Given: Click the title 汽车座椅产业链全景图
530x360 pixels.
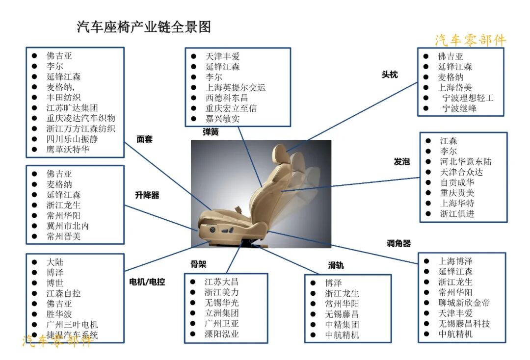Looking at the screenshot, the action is (x=144, y=27).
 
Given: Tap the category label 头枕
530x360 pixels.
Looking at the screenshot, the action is (x=390, y=75).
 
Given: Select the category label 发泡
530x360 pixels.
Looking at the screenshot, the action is (x=401, y=161).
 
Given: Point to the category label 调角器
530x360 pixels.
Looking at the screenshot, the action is (x=398, y=243).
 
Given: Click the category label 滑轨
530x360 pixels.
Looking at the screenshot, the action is (x=336, y=265).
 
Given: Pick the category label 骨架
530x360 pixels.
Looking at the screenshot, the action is (x=198, y=264).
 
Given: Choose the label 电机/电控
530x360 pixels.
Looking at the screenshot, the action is (x=147, y=282).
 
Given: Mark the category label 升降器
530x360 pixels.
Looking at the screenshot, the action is (x=147, y=195).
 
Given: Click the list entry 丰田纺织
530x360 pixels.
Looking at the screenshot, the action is (x=63, y=97).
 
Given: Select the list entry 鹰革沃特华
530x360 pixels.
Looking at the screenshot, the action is (x=68, y=149).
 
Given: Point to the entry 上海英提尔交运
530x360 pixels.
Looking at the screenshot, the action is (x=235, y=87).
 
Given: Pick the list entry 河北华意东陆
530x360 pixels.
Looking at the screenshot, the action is (x=465, y=161).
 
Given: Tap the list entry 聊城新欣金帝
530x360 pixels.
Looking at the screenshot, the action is (x=464, y=303).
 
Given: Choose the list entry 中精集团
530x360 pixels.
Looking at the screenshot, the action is (x=342, y=324).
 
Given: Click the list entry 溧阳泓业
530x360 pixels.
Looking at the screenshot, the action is (x=221, y=334).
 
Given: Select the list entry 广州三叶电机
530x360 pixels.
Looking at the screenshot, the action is (x=72, y=325).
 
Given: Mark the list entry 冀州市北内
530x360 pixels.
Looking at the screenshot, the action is (x=67, y=226).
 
